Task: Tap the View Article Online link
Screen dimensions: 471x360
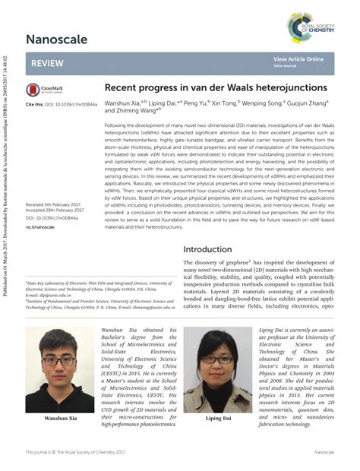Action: [x=298, y=58]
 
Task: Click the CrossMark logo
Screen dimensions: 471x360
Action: [x=43, y=90]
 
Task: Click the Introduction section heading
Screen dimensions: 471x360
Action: [x=219, y=249]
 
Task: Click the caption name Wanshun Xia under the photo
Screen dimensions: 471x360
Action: [x=59, y=419]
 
